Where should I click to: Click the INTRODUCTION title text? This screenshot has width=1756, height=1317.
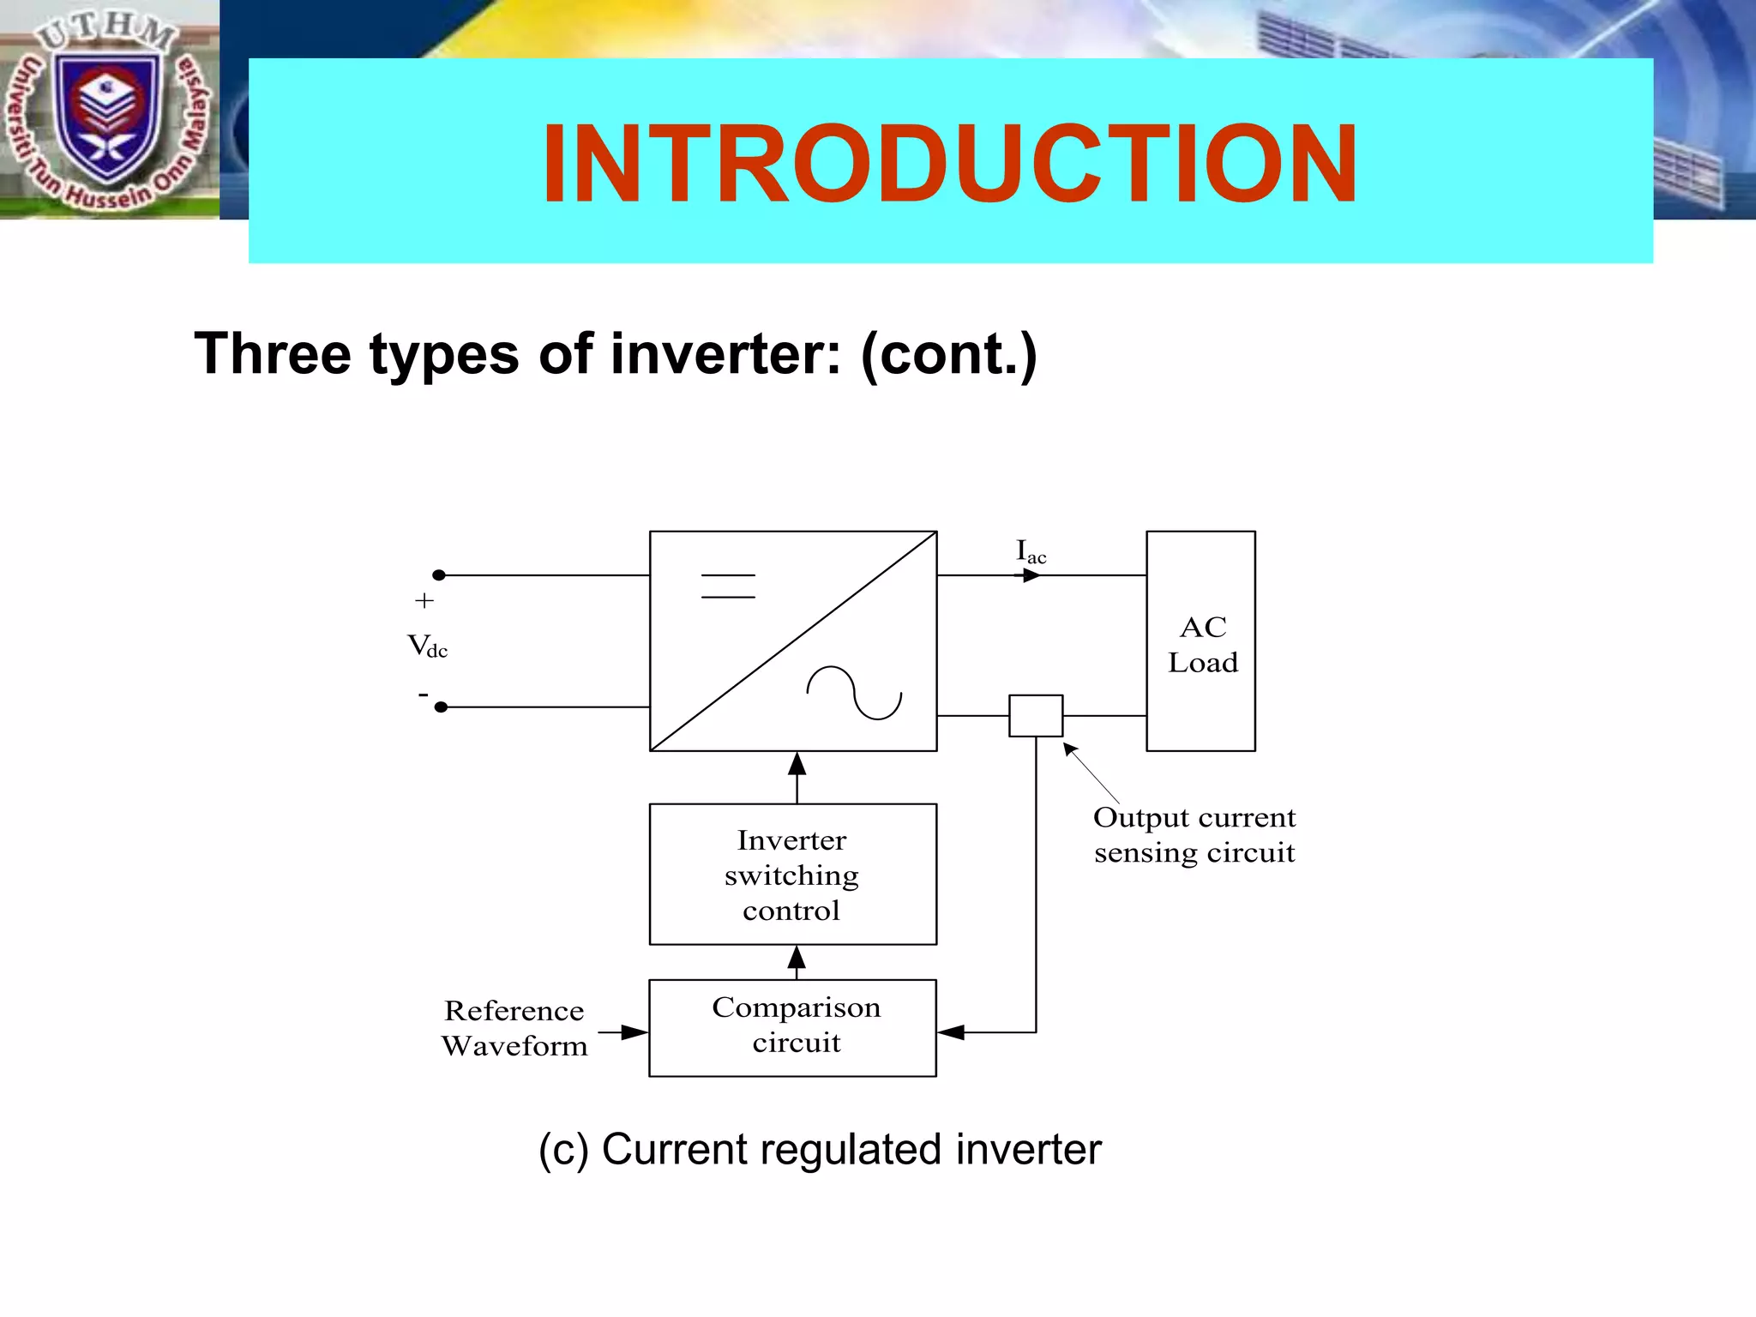(x=949, y=164)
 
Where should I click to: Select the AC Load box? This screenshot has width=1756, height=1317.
(x=1200, y=641)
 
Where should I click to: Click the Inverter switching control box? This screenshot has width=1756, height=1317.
(x=792, y=874)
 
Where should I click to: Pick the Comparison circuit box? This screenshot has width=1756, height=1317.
(x=792, y=1027)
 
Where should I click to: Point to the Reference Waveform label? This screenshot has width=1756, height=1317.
(x=514, y=1028)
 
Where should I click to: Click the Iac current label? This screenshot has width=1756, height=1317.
(x=1031, y=551)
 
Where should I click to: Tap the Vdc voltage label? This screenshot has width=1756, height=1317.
(x=427, y=646)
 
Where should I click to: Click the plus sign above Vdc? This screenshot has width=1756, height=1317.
(x=424, y=601)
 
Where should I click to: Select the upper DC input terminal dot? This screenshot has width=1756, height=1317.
(x=439, y=575)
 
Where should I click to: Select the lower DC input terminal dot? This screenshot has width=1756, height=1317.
(x=441, y=707)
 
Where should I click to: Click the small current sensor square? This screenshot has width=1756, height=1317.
(x=1036, y=716)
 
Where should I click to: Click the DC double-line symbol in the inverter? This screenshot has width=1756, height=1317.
(x=728, y=586)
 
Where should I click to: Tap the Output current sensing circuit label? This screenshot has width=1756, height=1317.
(x=1194, y=835)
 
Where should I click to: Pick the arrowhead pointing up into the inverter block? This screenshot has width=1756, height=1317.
(x=797, y=764)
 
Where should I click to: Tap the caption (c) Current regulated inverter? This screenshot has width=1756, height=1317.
(x=820, y=1150)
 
